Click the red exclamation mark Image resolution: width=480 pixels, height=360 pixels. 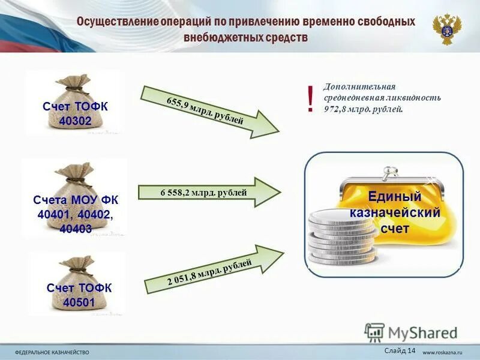pos(310,99)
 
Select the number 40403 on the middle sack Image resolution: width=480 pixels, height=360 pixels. pos(76,228)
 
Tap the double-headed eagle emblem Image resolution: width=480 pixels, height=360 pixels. pos(447,29)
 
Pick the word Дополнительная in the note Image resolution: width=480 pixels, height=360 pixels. pos(359,87)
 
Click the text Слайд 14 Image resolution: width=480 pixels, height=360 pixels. pos(398,350)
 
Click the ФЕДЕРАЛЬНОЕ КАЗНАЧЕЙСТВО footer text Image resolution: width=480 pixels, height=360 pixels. pos(53,351)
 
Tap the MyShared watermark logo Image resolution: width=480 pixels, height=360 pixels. pos(411,333)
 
